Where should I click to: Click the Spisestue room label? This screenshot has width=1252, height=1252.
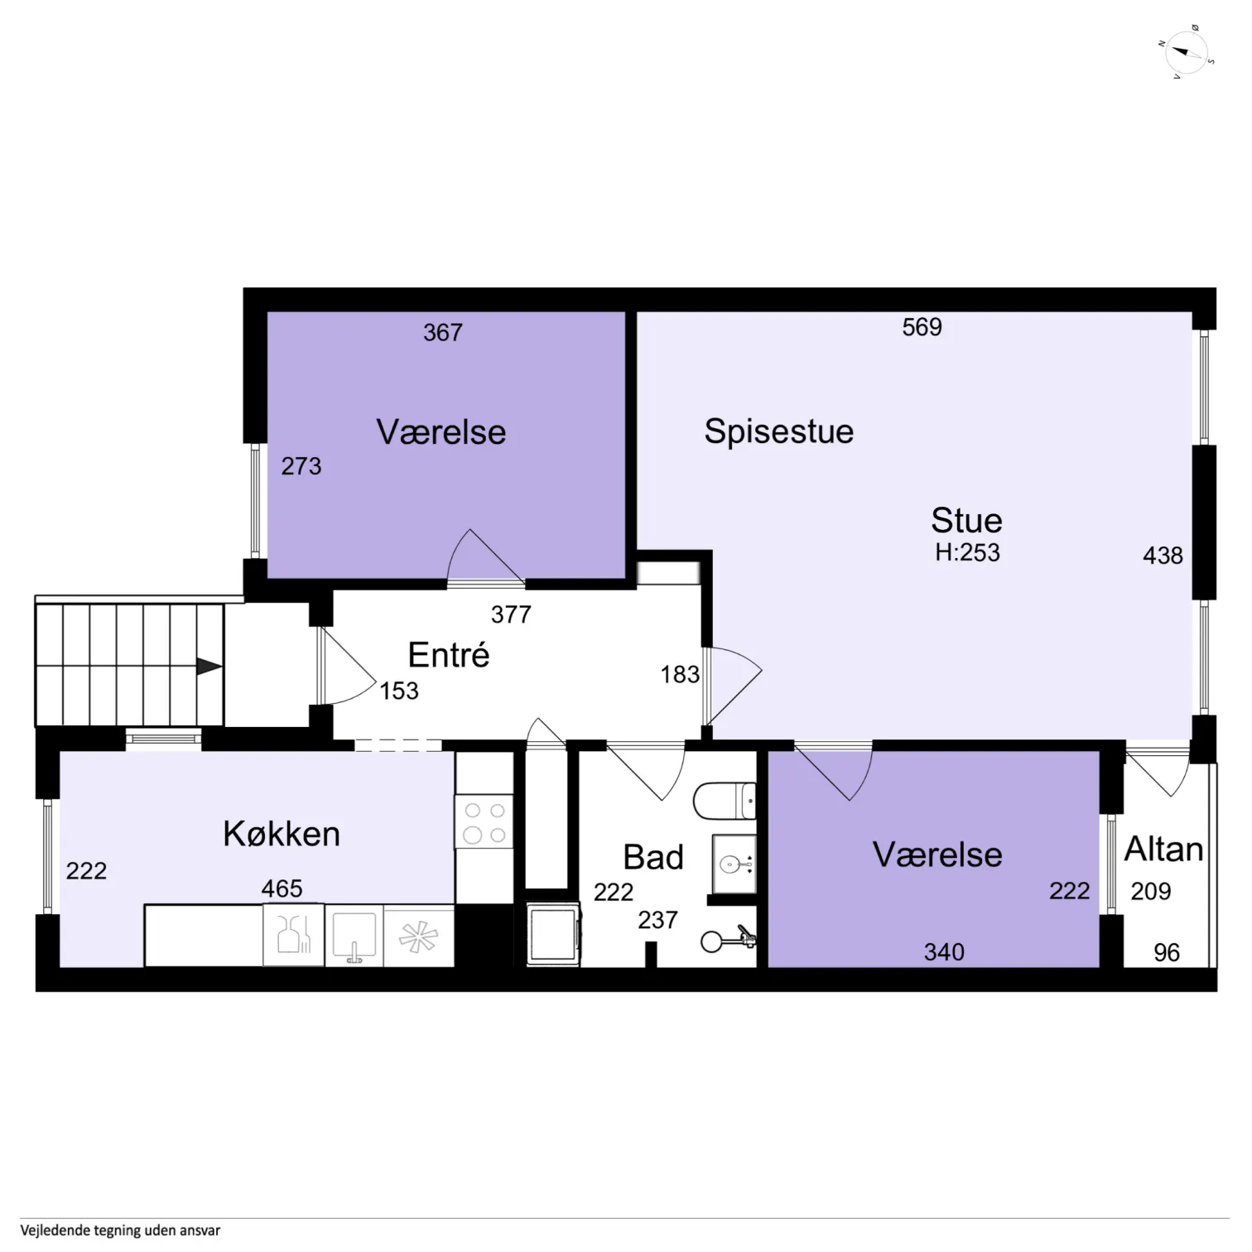778,432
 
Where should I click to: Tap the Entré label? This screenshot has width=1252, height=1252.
449,655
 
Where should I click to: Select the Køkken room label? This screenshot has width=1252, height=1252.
282,834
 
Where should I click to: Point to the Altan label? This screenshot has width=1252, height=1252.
1163,850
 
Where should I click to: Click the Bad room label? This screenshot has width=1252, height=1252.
653,858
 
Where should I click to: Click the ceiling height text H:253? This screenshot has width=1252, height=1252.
967,552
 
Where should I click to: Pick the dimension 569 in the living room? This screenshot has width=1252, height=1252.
922,327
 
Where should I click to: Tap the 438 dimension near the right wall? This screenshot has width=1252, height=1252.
1163,556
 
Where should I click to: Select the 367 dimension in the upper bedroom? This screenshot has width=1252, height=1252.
443,333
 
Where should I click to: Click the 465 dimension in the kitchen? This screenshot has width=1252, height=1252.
282,888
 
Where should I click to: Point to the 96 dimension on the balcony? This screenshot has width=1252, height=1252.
1167,952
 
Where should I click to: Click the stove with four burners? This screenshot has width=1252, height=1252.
484,822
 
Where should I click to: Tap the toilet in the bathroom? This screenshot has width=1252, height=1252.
725,801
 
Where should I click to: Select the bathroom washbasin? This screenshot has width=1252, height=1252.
734,864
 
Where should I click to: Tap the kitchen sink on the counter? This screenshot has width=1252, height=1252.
354,937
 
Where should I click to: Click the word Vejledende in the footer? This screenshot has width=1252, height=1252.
55,1230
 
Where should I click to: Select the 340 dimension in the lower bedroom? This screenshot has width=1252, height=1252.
944,952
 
